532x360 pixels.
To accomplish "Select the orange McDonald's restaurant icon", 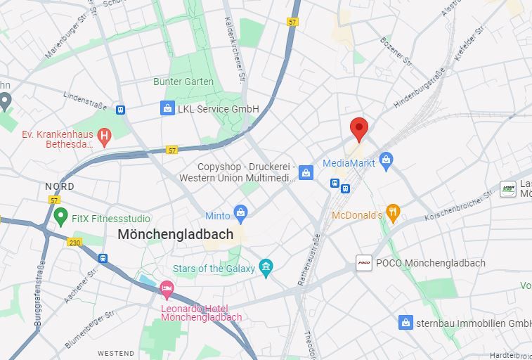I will click(393, 214).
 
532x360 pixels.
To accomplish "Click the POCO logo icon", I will click(364, 263).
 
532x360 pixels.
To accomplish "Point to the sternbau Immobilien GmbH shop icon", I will click(406, 323).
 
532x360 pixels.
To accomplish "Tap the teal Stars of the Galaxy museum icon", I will click(266, 268).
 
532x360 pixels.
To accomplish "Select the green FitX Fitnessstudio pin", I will click(60, 218).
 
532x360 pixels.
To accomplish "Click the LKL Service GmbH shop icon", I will click(167, 108).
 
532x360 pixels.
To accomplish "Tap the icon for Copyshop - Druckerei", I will click(306, 172).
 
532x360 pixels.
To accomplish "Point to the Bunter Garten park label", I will click(183, 82).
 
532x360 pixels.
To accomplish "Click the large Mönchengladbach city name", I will click(175, 234).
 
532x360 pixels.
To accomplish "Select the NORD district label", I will click(60, 186).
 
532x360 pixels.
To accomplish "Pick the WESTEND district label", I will click(115, 353).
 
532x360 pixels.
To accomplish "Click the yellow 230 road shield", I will click(74, 242).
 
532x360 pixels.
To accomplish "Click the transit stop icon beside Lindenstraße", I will click(121, 110).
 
